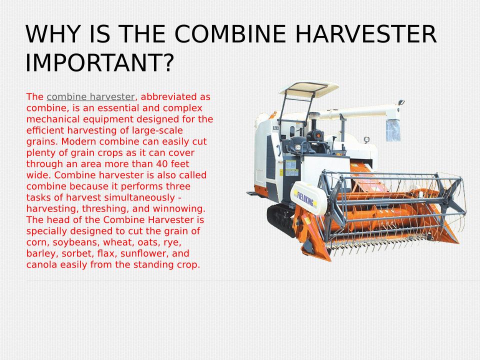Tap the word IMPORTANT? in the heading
tap(100, 62)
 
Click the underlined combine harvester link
tap(90, 96)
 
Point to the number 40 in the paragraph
tap(161, 164)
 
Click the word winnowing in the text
tap(179, 209)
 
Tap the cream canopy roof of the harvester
tap(309, 88)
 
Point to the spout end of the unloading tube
tap(393, 130)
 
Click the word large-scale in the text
tap(157, 130)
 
